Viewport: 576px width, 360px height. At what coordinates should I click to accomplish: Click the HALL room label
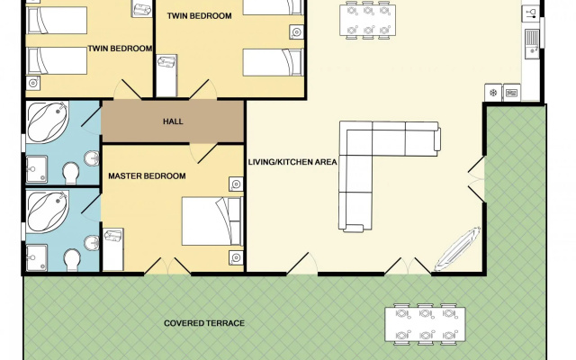tap(173, 121)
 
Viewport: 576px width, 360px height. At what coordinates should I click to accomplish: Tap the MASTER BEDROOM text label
tap(147, 176)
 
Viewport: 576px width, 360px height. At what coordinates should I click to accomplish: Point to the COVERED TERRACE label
tap(204, 323)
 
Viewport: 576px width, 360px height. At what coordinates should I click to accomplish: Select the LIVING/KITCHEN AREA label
tap(292, 162)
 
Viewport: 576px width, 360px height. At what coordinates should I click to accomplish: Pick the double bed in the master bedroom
tap(212, 221)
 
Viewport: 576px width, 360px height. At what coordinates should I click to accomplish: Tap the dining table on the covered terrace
tap(425, 324)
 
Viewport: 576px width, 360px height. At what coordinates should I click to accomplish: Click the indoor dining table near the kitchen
tap(368, 20)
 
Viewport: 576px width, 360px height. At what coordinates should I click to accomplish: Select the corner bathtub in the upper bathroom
tap(48, 122)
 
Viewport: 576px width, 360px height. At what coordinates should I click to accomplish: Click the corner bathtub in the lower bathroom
tap(48, 211)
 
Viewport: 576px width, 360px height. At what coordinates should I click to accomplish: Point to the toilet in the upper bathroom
tap(71, 173)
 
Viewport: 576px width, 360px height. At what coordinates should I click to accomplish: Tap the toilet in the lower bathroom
tap(72, 260)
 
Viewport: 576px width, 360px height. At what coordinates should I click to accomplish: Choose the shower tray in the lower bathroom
tap(37, 258)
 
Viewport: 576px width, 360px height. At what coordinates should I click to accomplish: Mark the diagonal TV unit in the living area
tap(458, 249)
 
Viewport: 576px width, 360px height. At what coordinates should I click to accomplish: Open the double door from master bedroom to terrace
tap(167, 265)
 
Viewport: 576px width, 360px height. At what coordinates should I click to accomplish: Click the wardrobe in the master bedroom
tap(113, 249)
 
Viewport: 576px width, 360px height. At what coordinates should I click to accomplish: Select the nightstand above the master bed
tap(236, 184)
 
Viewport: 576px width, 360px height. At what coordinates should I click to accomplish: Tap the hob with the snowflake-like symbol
tap(493, 93)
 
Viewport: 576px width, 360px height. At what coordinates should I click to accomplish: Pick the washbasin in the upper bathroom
tap(92, 158)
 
